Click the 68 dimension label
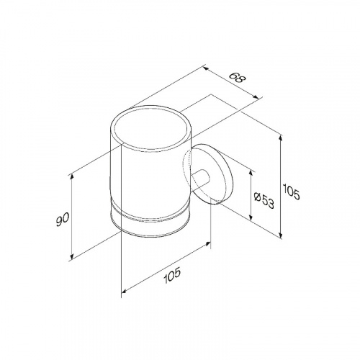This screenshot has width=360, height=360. tap(236, 78)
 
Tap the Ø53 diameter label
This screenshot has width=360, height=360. tap(264, 200)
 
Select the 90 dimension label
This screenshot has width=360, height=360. tap(62, 219)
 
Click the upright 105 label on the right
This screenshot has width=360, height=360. tap(291, 192)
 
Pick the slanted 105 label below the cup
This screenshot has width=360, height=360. tap(171, 276)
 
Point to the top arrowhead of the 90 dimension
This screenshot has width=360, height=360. tap(72, 177)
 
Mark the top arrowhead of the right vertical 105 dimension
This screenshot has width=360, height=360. tap(281, 138)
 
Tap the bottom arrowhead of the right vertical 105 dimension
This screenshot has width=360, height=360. tap(281, 235)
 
